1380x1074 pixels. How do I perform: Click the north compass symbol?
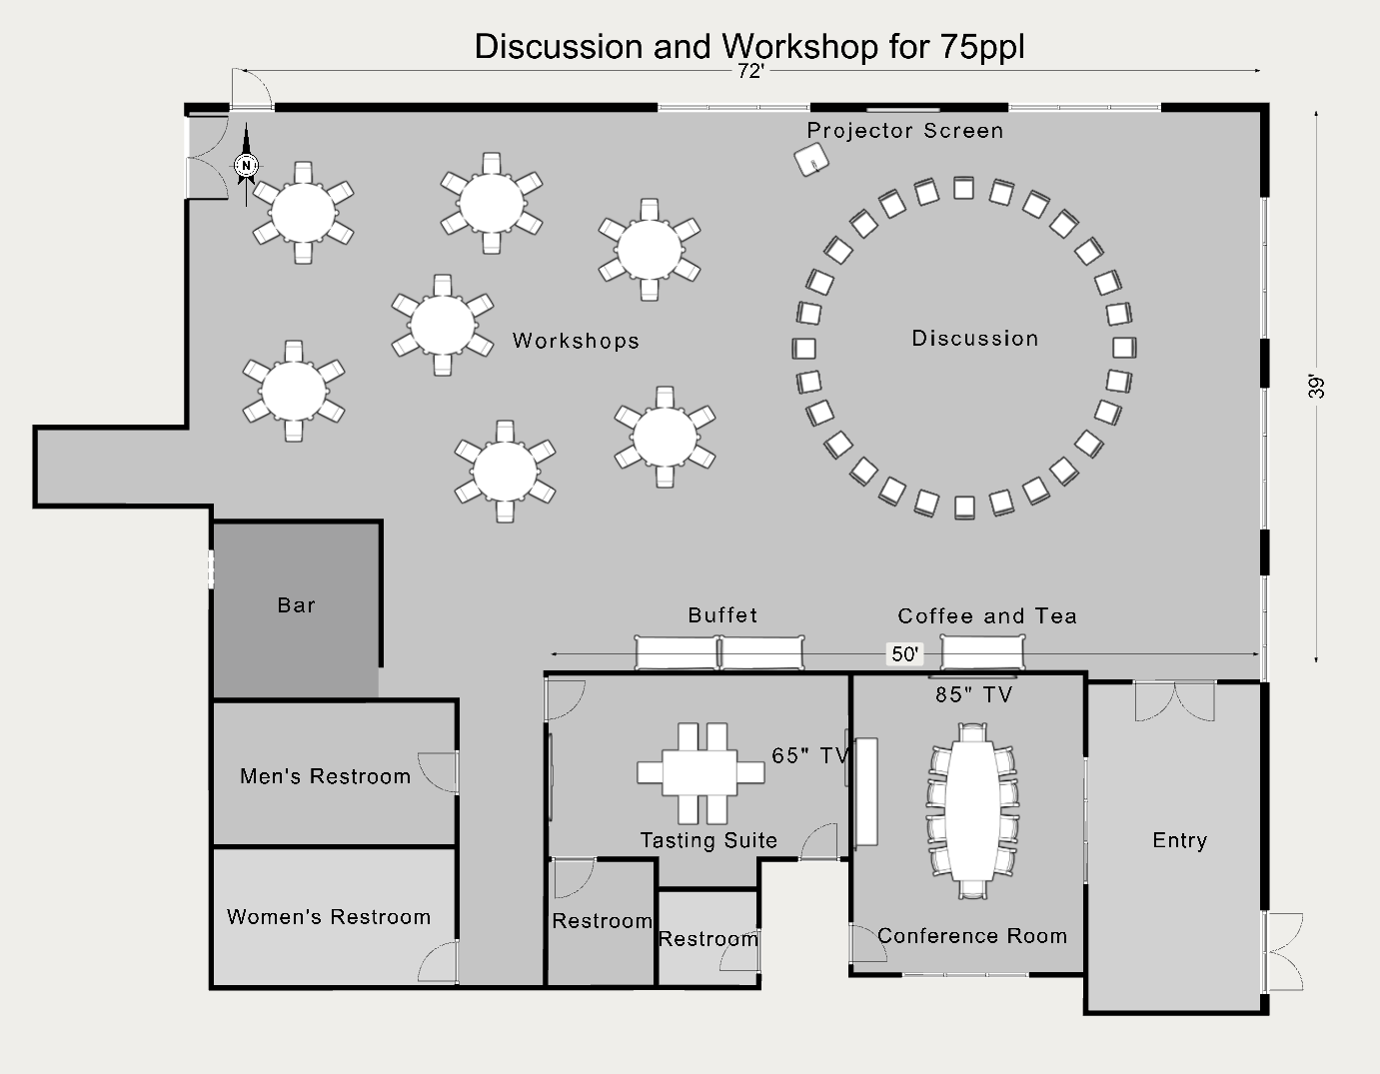(x=247, y=165)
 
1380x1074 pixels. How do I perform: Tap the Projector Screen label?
(x=904, y=131)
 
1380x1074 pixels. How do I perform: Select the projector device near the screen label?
(x=812, y=160)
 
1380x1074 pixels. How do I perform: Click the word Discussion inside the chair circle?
(x=974, y=339)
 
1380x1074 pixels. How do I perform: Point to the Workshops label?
(x=576, y=341)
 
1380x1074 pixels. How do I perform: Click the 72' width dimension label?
(x=750, y=71)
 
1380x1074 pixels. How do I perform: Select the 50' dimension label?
(x=904, y=653)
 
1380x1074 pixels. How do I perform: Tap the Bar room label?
(x=296, y=605)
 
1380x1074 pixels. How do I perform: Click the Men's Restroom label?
(x=325, y=776)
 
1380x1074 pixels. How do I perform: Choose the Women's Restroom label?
(x=329, y=917)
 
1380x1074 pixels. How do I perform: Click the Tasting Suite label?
(x=708, y=840)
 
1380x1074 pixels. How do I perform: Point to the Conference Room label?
(x=971, y=936)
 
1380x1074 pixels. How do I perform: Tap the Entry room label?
(x=1179, y=840)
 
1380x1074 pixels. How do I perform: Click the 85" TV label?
(x=973, y=694)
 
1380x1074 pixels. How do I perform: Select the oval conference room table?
(x=971, y=810)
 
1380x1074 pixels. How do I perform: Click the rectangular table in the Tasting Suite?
(x=701, y=772)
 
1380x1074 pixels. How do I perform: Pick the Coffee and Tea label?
(x=987, y=616)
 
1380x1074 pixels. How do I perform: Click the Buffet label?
(x=722, y=615)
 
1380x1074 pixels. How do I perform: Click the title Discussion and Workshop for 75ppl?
(x=749, y=46)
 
